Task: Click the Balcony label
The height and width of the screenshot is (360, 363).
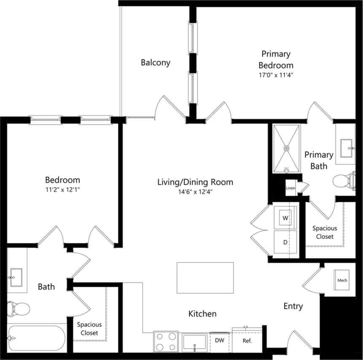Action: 155,63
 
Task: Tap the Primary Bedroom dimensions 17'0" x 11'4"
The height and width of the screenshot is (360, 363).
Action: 276,75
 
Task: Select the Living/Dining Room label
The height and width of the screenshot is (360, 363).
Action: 195,182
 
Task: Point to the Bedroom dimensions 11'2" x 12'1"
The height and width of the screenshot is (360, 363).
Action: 63,189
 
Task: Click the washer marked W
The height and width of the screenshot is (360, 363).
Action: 285,218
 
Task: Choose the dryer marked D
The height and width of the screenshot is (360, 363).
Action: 285,243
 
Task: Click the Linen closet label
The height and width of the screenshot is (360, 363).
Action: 290,188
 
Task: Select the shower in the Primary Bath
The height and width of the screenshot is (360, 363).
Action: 286,148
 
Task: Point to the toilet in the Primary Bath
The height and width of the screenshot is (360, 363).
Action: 344,181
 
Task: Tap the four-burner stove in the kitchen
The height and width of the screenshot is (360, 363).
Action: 166,341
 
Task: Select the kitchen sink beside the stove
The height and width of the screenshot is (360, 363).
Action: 194,342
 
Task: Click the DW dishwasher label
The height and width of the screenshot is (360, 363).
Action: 219,340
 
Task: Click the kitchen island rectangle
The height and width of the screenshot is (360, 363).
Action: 205,277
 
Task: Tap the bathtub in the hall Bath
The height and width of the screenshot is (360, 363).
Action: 37,338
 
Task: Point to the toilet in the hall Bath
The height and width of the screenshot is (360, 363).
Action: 19,309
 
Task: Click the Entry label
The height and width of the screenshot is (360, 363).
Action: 293,306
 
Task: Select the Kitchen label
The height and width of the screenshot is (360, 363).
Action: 202,314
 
